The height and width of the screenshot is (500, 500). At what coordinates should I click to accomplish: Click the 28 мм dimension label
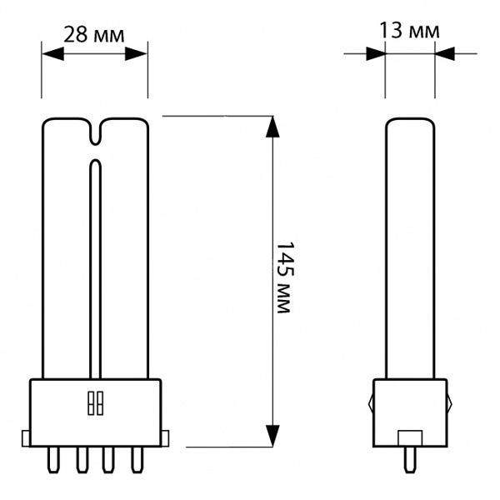coord(93,35)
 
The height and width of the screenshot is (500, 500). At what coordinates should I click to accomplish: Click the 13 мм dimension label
coord(409,31)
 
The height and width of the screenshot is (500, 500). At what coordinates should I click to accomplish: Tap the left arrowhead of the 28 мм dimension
coord(53,54)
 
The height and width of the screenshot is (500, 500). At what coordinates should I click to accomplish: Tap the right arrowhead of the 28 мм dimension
coord(136,54)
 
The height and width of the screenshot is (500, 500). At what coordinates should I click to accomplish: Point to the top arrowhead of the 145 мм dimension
coord(272,127)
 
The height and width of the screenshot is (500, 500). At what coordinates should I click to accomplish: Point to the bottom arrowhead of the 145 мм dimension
coord(272,436)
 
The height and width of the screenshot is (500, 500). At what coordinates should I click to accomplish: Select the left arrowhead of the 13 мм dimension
coord(376,53)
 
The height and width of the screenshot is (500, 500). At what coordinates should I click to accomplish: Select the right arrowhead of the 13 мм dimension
coord(445,53)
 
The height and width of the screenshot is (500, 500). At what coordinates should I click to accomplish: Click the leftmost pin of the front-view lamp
coord(53,459)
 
